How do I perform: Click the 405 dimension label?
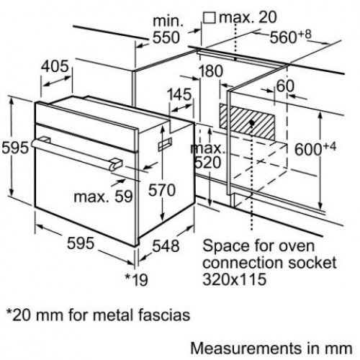click(x=55, y=66)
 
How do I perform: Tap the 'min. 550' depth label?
click(x=166, y=30)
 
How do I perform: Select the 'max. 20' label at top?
click(x=248, y=17)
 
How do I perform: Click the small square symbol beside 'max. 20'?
click(x=210, y=18)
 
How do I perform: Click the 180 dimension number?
click(x=211, y=71)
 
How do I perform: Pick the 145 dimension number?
click(x=179, y=94)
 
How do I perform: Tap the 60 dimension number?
click(x=285, y=86)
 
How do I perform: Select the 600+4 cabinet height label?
click(x=315, y=148)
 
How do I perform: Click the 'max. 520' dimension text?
click(x=208, y=156)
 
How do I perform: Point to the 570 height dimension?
click(x=162, y=190)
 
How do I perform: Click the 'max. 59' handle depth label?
click(x=103, y=197)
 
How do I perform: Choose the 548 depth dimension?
click(x=166, y=246)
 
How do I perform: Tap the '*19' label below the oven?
click(x=136, y=279)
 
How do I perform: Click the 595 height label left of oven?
click(x=15, y=148)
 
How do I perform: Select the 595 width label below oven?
click(x=81, y=243)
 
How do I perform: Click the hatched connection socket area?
click(x=247, y=122)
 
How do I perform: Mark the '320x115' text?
click(x=235, y=279)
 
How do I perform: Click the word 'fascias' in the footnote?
click(x=164, y=315)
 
